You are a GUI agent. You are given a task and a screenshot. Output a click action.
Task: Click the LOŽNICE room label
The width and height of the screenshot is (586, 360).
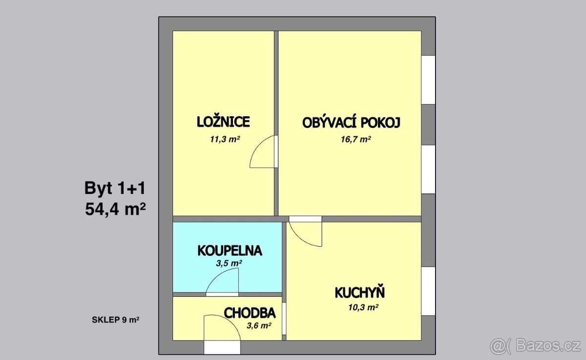pos(223,122)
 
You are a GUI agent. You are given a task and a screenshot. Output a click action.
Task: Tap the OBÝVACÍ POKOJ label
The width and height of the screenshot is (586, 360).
pos(351,123)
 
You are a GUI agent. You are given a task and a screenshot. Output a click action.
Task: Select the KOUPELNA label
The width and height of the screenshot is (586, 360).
pos(230,251)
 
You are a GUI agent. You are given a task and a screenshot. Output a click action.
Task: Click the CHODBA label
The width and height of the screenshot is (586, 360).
pos(250,313)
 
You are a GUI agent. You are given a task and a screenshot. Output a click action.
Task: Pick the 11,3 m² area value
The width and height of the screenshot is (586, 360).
pos(225,139)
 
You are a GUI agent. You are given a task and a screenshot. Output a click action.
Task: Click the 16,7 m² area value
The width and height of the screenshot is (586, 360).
pos(356,139)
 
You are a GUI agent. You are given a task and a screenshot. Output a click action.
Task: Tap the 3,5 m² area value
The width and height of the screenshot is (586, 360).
pos(229,263)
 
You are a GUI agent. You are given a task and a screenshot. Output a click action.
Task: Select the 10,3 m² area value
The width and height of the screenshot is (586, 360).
pos(363,307)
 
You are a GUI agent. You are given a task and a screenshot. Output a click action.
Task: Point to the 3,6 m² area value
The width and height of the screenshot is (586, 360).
pos(259,325)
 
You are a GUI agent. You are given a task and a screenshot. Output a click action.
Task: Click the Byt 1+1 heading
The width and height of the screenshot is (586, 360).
pos(115,189)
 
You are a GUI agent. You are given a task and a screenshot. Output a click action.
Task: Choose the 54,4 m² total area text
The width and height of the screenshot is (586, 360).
pos(115,209)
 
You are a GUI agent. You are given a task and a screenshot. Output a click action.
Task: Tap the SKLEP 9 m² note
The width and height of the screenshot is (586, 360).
pos(115,320)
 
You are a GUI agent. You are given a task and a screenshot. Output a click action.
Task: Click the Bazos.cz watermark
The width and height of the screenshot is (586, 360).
pos(535,346)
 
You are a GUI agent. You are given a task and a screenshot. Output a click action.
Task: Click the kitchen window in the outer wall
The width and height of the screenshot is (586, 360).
pos(428,291)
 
